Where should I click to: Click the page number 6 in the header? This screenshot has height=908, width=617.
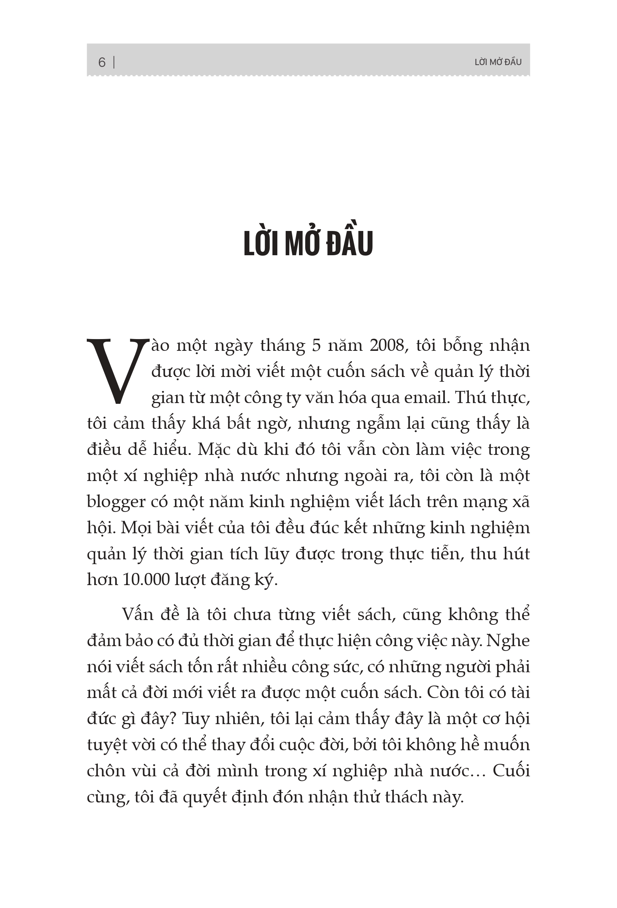101,63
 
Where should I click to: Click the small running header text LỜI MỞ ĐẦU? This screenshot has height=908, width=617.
498,62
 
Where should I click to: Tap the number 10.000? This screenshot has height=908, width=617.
145,580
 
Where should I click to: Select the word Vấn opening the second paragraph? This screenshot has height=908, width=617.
138,615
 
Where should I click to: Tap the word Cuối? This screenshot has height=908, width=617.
511,771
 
